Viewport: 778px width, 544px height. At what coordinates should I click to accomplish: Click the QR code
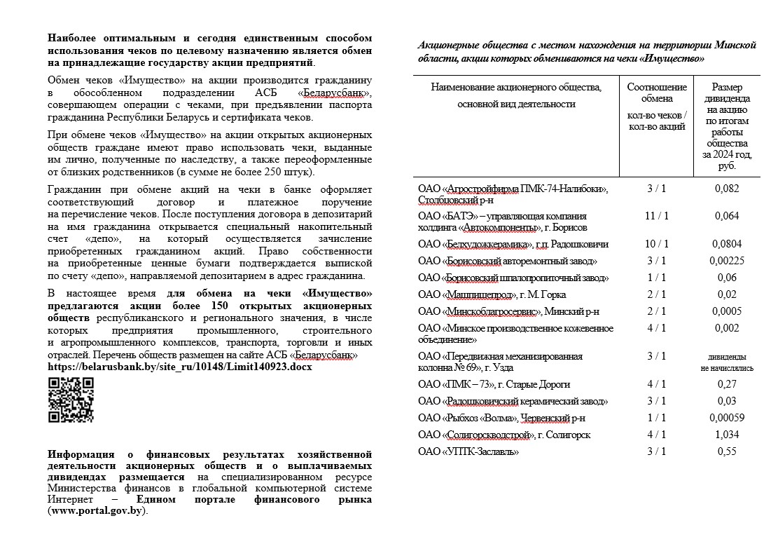(x=70, y=400)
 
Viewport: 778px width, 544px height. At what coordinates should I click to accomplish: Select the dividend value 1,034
(x=727, y=435)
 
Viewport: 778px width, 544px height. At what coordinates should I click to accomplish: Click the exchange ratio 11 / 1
(x=657, y=216)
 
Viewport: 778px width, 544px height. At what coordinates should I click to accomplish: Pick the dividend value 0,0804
(x=727, y=244)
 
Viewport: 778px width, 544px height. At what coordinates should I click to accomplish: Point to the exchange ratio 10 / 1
(x=657, y=244)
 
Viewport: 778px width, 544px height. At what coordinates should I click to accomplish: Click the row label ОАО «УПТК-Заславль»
(x=468, y=451)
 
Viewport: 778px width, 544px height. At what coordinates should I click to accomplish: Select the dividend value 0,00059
(x=727, y=418)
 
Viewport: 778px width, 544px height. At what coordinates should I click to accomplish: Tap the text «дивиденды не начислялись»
(x=727, y=362)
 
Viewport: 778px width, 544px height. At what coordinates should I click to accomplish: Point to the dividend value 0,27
(x=727, y=384)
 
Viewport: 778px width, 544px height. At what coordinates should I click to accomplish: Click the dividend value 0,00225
(x=727, y=261)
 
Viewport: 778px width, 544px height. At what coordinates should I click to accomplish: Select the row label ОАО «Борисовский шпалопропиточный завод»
(x=513, y=278)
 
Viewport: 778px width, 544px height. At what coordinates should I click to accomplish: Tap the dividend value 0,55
(x=727, y=451)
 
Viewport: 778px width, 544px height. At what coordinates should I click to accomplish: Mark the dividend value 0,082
(x=727, y=188)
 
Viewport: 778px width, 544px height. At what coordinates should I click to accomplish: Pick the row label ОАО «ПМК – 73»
(x=494, y=384)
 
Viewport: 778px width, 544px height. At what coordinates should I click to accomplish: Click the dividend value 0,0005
(x=727, y=311)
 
